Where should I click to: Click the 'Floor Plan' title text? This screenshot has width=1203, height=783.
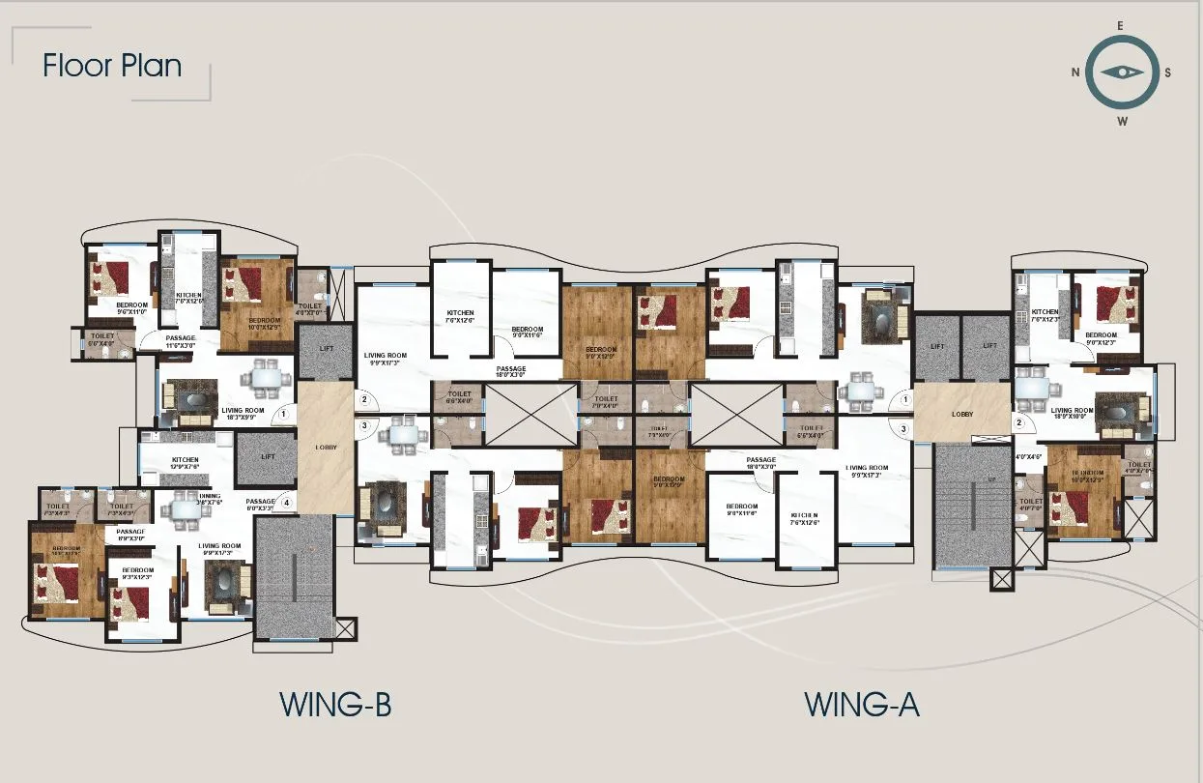pos(112,66)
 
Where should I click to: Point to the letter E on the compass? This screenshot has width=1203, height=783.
pos(1121,26)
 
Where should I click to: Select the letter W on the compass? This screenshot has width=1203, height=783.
pos(1122,122)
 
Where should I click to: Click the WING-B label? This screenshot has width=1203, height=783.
pos(335,705)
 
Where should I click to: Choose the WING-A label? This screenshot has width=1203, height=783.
pos(862,705)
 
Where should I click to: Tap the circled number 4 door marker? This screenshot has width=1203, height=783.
pos(285,503)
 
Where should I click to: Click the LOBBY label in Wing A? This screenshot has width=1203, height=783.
pos(961,414)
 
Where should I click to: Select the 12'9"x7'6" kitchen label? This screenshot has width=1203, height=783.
pos(185,463)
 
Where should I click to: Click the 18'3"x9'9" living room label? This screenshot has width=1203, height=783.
pos(243,414)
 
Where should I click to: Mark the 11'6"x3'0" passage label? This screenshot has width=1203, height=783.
pos(181,341)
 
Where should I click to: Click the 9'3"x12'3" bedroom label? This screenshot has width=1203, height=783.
pos(138,574)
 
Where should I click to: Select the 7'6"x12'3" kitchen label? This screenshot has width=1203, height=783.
pos(1045,316)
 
